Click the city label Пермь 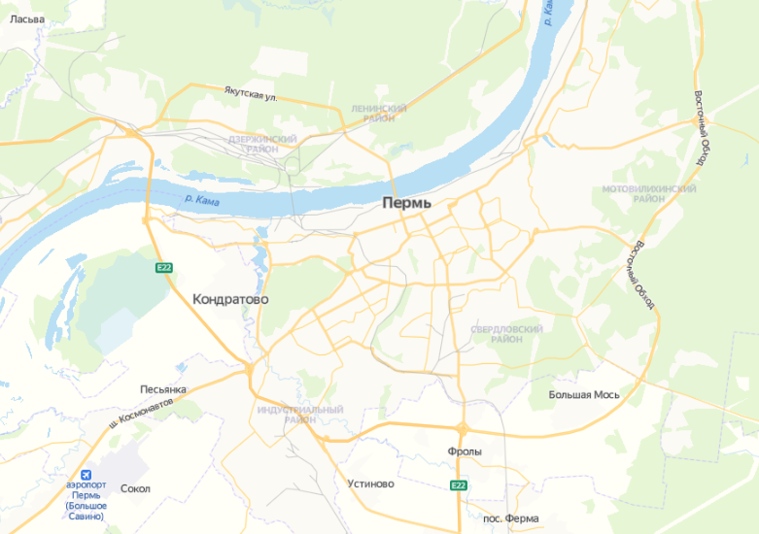click(406, 204)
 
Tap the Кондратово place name click(230, 300)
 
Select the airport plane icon click(86, 474)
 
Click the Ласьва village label click(27, 19)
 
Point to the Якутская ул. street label click(251, 94)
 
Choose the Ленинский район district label click(378, 114)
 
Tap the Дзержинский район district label click(262, 145)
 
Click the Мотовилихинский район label click(648, 193)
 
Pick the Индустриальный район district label click(300, 415)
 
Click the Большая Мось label click(583, 395)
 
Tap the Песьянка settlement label click(163, 389)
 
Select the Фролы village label click(465, 452)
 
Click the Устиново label click(371, 484)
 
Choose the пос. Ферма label click(510, 518)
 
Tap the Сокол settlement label click(135, 488)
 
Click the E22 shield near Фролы click(459, 485)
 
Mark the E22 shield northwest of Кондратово click(163, 267)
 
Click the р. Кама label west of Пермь click(200, 201)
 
